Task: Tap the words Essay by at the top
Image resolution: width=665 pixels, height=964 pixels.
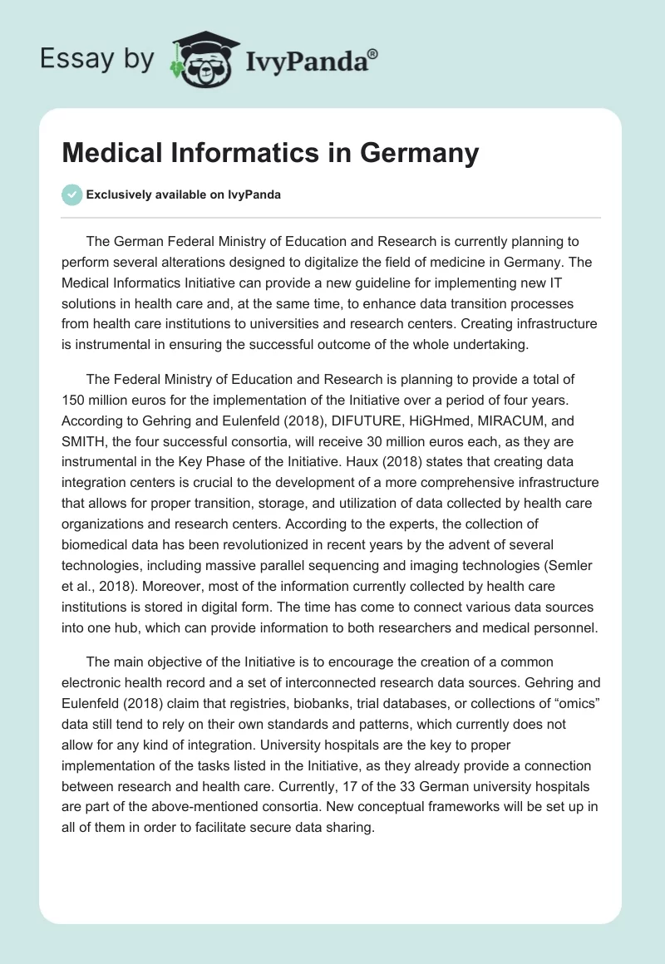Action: tap(97, 60)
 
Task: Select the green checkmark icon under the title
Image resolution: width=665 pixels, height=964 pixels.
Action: tap(71, 194)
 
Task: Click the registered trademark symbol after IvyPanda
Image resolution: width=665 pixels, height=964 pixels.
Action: tap(373, 52)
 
